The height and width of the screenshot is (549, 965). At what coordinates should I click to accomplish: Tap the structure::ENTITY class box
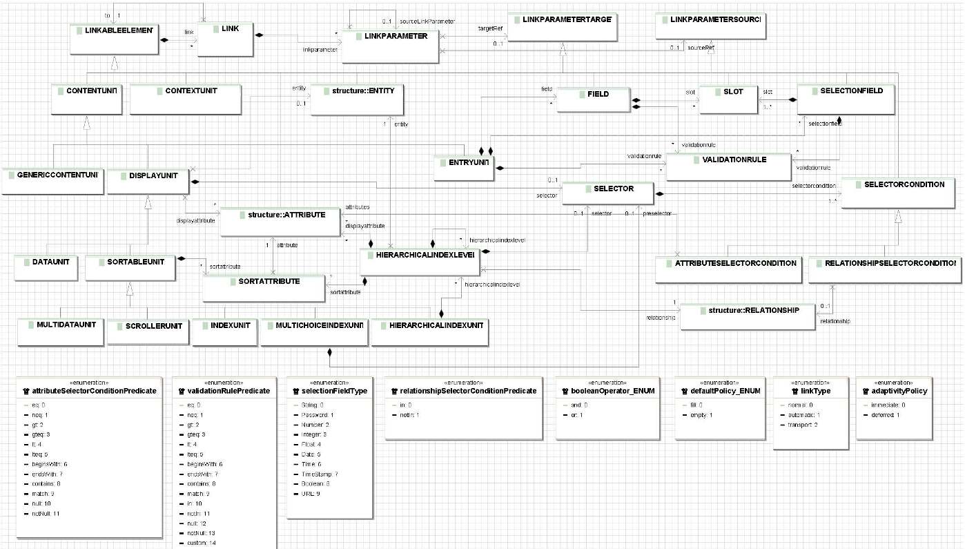[357, 99]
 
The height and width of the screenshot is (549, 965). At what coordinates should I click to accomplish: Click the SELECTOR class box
[607, 193]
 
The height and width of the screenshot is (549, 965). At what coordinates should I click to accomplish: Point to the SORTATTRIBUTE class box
[264, 287]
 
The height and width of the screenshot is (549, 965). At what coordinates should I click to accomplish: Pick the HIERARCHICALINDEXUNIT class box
[429, 331]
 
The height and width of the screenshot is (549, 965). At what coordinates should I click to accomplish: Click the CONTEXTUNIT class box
[184, 99]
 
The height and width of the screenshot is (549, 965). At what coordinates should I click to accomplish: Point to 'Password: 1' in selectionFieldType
[318, 414]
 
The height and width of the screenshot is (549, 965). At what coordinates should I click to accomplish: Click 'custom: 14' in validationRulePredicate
[202, 543]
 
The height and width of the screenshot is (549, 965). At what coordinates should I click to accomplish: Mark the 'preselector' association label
[657, 213]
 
